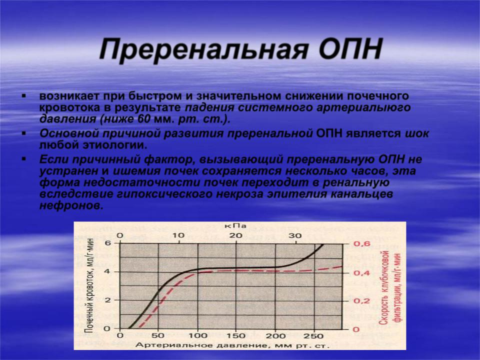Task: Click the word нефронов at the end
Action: (71, 205)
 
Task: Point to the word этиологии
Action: (115, 145)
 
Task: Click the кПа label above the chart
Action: (235, 226)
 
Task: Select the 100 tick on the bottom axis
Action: (198, 335)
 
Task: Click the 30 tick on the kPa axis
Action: (295, 235)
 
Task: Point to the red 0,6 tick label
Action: (362, 244)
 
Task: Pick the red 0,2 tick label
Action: (362, 301)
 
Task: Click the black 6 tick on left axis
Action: (107, 243)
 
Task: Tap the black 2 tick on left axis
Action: (107, 300)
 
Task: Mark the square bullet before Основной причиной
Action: (24, 133)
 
